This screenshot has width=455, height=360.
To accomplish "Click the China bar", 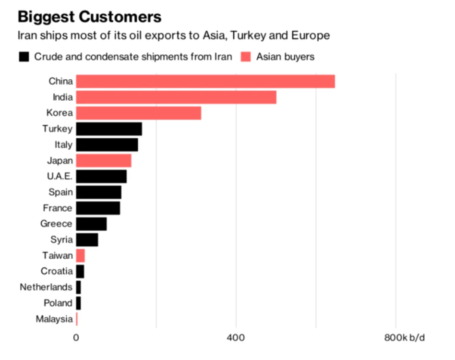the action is tap(205, 81).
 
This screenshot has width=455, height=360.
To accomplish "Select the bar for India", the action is tap(176, 97).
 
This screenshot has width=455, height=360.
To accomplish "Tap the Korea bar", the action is tap(139, 113).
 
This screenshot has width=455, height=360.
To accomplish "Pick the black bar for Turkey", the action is tap(109, 129).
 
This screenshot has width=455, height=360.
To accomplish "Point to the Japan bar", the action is tap(104, 161).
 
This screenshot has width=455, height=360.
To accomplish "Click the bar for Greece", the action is tap(91, 224).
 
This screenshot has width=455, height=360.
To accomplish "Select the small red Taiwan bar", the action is tap(80, 255).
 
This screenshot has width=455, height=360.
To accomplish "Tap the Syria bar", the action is tap(87, 240).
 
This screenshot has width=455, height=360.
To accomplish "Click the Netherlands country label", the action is tap(46, 287).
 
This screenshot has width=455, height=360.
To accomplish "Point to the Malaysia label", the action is tap(54, 319).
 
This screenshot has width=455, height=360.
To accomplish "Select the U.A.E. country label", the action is tap(60, 176).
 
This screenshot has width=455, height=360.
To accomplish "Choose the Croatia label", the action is tap(57, 271).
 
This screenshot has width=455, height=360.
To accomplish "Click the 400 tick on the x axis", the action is tap(236, 337).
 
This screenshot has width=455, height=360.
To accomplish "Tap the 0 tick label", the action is tap(76, 337).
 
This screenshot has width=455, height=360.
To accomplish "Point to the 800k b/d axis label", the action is tap(405, 337).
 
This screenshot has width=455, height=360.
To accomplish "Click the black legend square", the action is tap(24, 57).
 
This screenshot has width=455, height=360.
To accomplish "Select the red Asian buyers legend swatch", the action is tap(246, 57).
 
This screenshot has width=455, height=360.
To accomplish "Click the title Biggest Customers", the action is tap(89, 17).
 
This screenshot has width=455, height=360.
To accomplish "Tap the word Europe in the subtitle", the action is tap(311, 36).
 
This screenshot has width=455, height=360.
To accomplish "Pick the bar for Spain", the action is tap(99, 192).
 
